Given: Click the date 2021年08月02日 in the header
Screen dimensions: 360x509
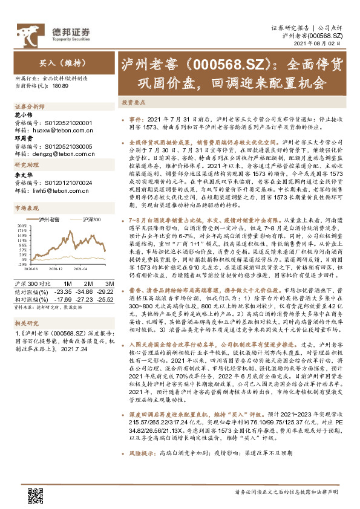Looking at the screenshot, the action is tap(326, 44).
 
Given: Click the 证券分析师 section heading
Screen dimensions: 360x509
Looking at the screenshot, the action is tap(29, 106).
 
